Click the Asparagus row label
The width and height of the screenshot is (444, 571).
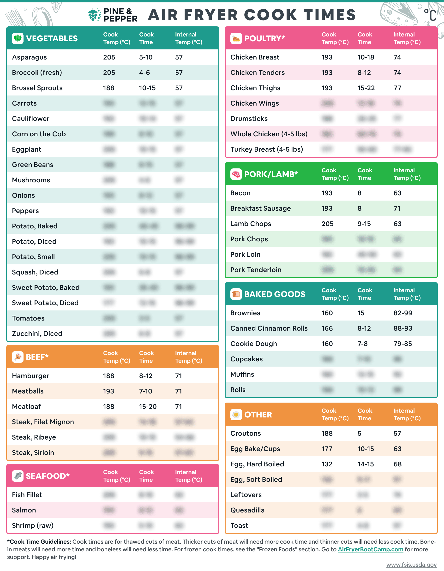[x=29, y=57]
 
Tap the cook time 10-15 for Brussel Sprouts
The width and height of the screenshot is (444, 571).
[x=147, y=88]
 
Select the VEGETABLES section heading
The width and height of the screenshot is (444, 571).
[x=52, y=38]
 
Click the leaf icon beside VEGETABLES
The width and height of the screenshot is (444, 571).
[x=18, y=38]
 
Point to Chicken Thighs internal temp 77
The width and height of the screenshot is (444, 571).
[x=397, y=88]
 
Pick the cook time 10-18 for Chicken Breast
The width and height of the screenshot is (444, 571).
[x=366, y=57]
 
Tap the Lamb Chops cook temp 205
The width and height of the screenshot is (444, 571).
[x=327, y=224]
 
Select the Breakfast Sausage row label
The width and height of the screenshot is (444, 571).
[x=260, y=208]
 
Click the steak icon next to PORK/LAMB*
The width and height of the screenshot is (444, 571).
[x=236, y=174]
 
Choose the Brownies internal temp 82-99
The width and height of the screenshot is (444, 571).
[x=403, y=313]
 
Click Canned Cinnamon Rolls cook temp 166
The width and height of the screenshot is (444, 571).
[x=327, y=328]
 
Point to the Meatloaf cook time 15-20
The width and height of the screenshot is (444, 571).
[x=148, y=407]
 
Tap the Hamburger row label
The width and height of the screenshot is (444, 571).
[x=30, y=376]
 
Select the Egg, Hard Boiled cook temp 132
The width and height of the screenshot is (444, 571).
[x=327, y=464]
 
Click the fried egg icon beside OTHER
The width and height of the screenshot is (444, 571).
[x=236, y=415]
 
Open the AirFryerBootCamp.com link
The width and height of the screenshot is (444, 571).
[x=370, y=549]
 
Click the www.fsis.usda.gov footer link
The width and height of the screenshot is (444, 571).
[x=411, y=565]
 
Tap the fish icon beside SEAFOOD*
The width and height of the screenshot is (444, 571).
[x=18, y=476]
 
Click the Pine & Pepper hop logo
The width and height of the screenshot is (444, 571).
[x=94, y=15]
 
